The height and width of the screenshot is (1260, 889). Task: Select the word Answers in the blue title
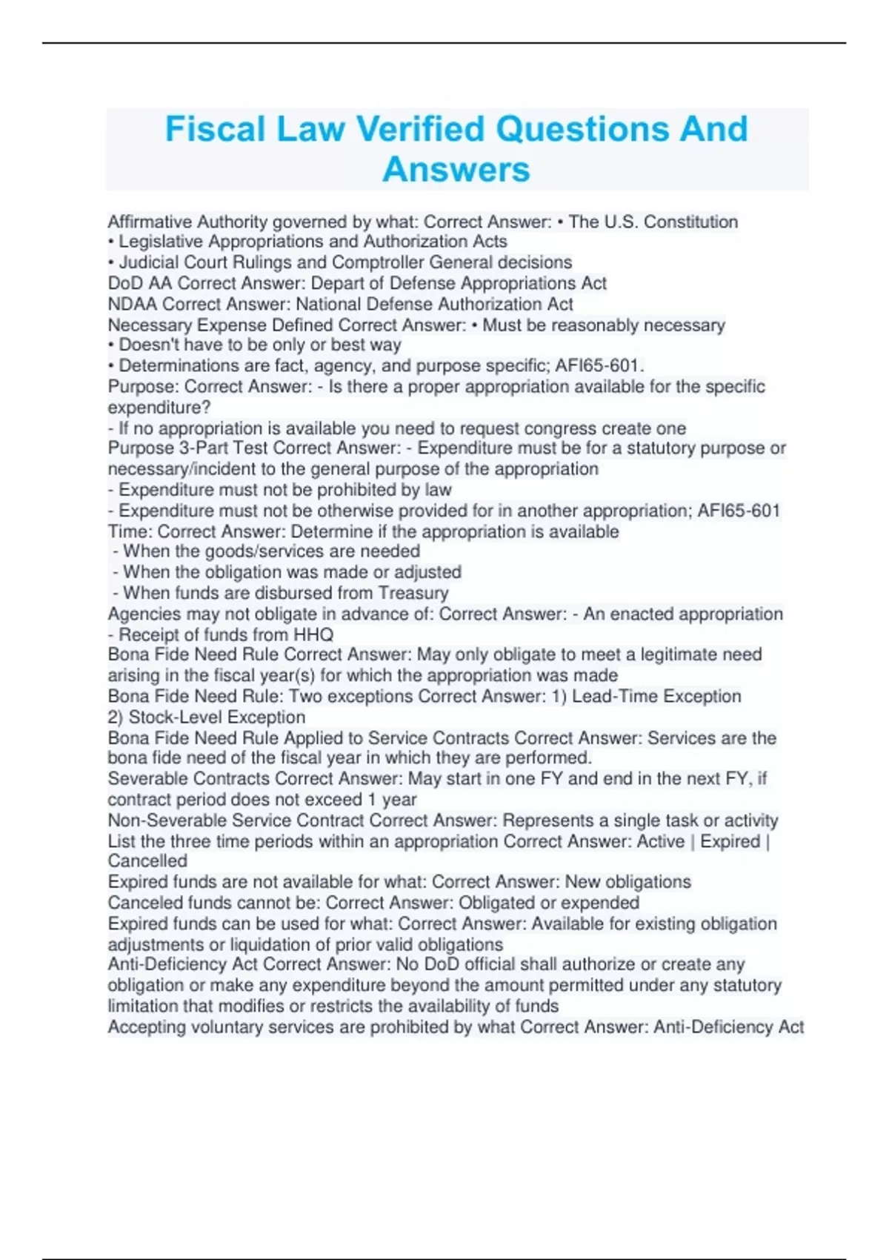pos(456,170)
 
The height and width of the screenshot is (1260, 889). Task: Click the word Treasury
pos(413,593)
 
